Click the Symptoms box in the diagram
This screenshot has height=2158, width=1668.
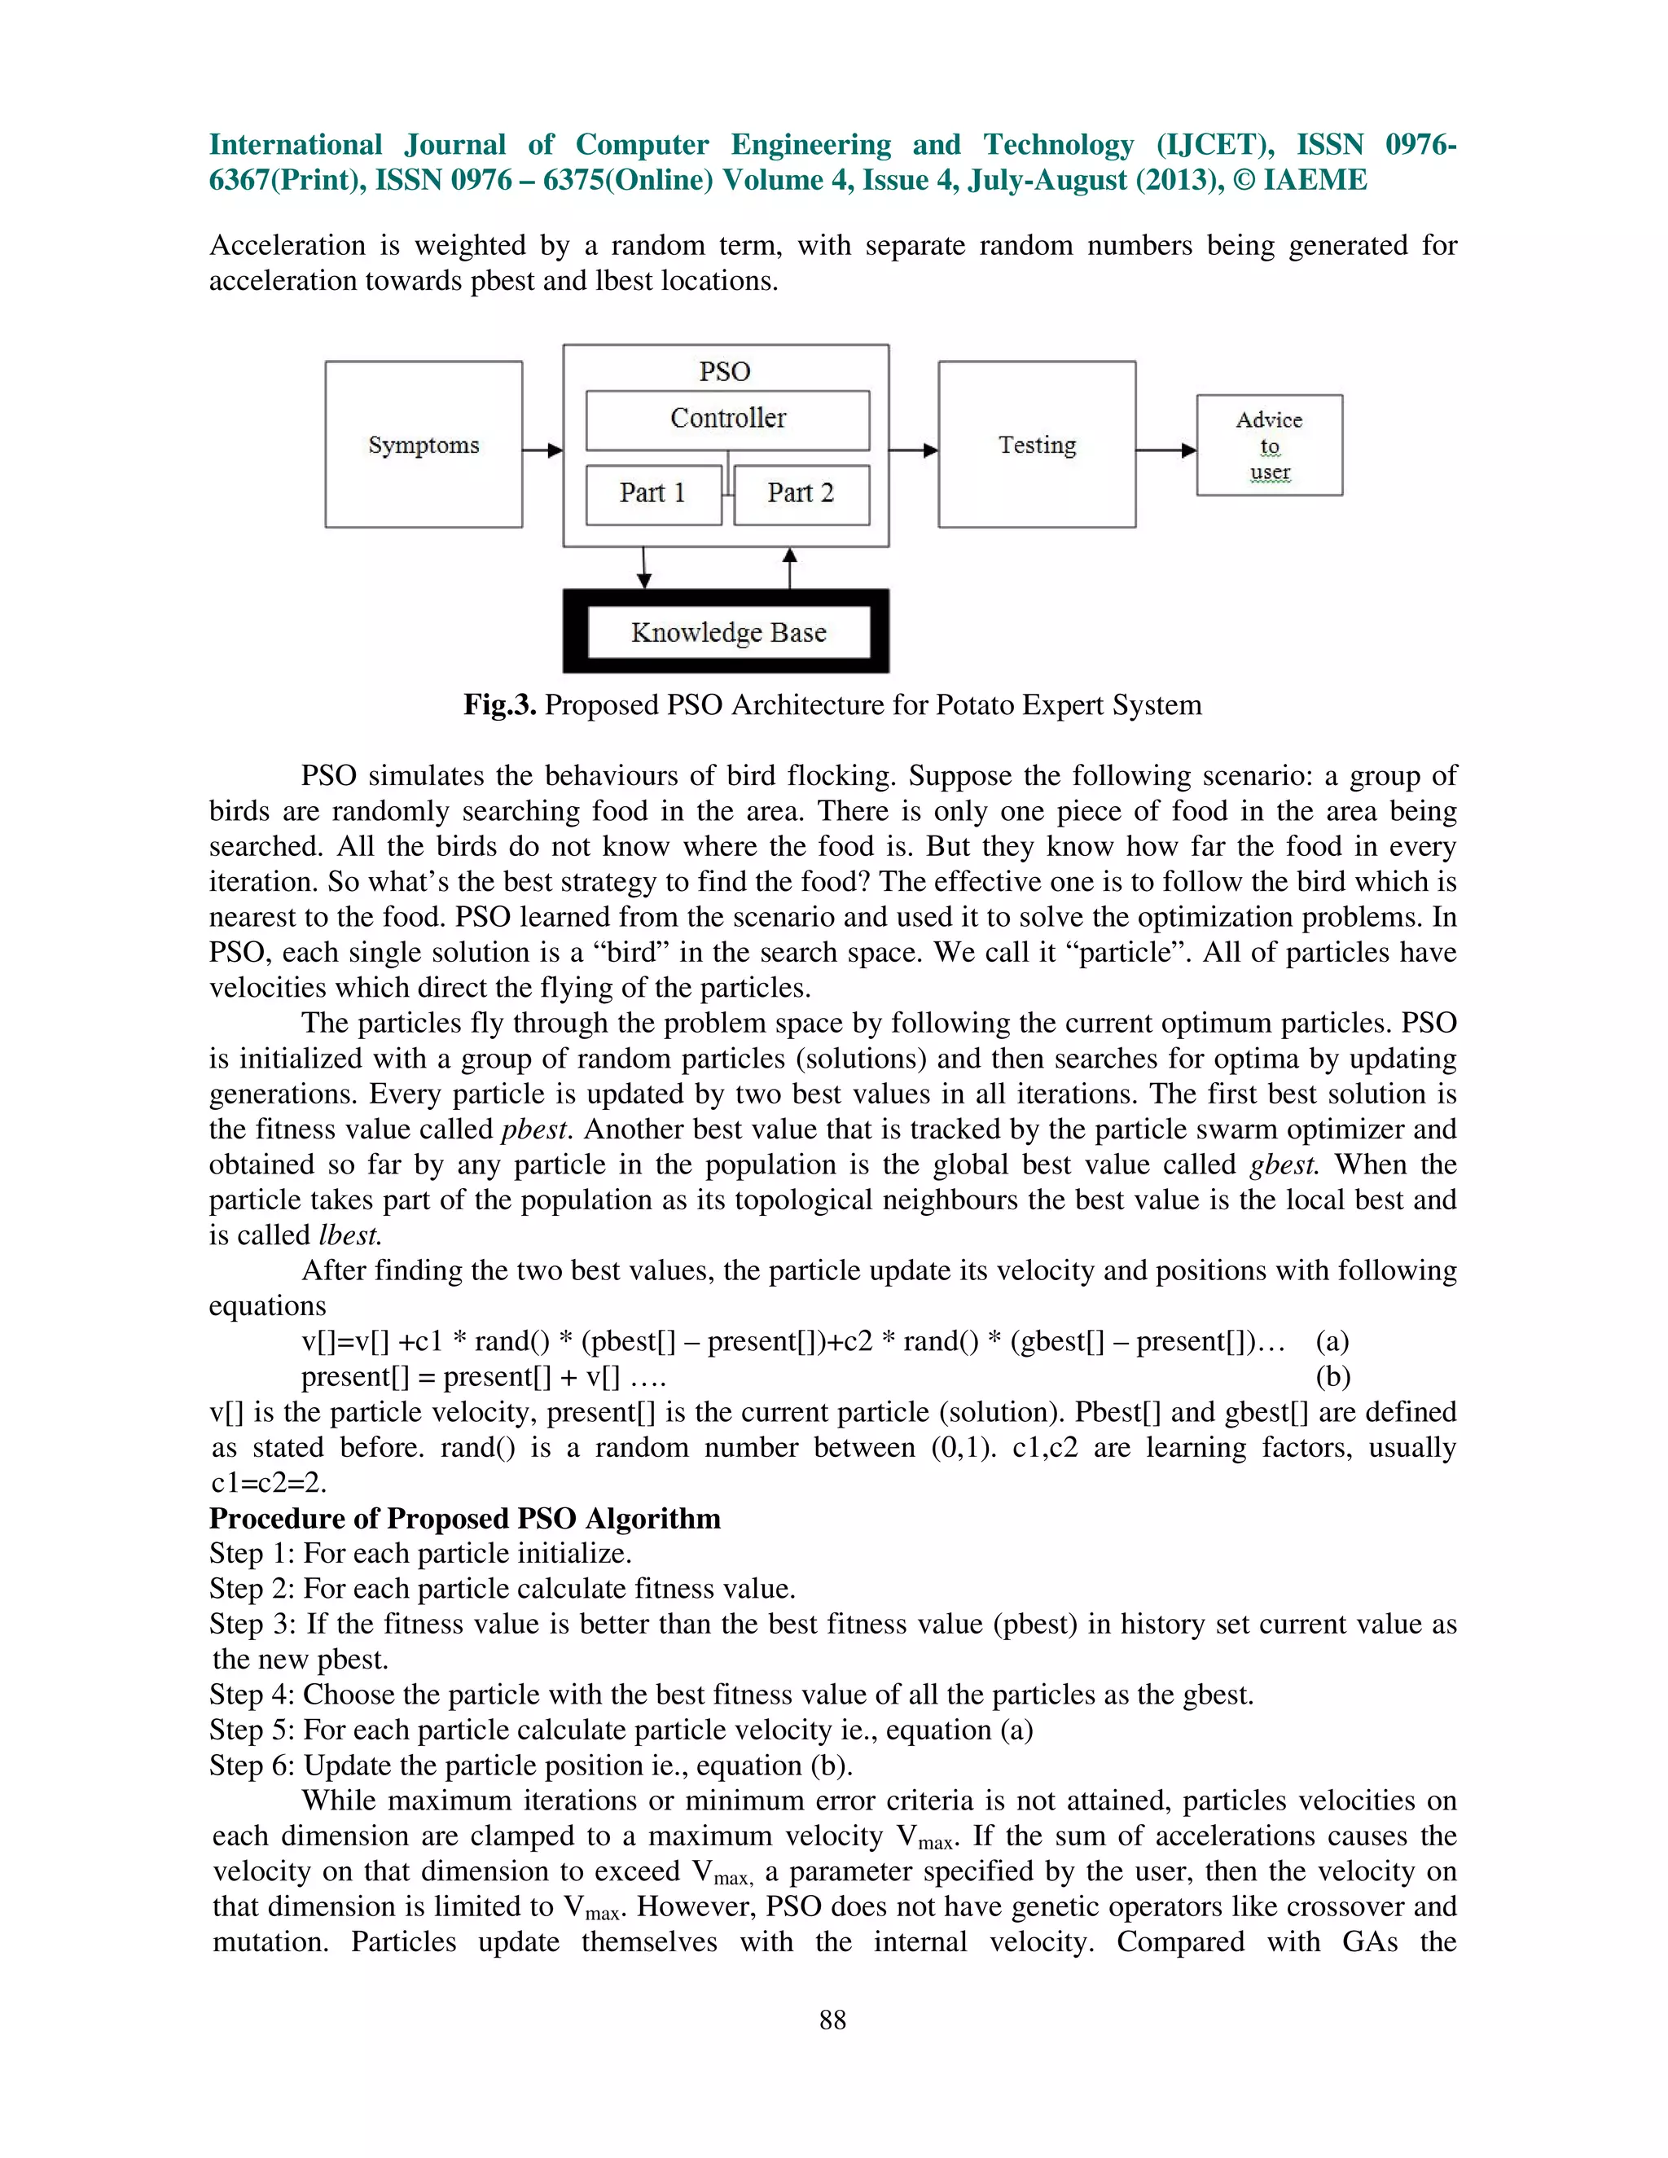pos(423,445)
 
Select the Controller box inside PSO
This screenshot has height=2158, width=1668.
pos(727,419)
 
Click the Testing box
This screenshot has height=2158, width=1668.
pos(1037,445)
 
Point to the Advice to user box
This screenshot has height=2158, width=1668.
pos(1269,445)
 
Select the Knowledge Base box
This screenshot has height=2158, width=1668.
pos(728,633)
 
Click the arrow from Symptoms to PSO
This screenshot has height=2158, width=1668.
pos(542,450)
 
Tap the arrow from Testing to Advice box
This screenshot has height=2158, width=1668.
pos(1166,450)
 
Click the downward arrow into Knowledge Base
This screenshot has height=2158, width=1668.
pos(644,568)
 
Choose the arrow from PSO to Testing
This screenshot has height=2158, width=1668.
pos(914,450)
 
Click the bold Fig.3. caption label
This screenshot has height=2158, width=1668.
pos(499,705)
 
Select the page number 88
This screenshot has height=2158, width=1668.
pos(833,2020)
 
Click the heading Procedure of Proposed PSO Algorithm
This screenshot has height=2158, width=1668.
pos(464,1519)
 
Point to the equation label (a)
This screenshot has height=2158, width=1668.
pos(1332,1342)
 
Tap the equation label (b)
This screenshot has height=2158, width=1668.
pos(1332,1377)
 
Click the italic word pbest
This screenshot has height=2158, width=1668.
pos(534,1129)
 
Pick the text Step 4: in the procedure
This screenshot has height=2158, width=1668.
pos(252,1695)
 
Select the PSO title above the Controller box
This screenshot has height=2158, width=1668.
pos(726,372)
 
